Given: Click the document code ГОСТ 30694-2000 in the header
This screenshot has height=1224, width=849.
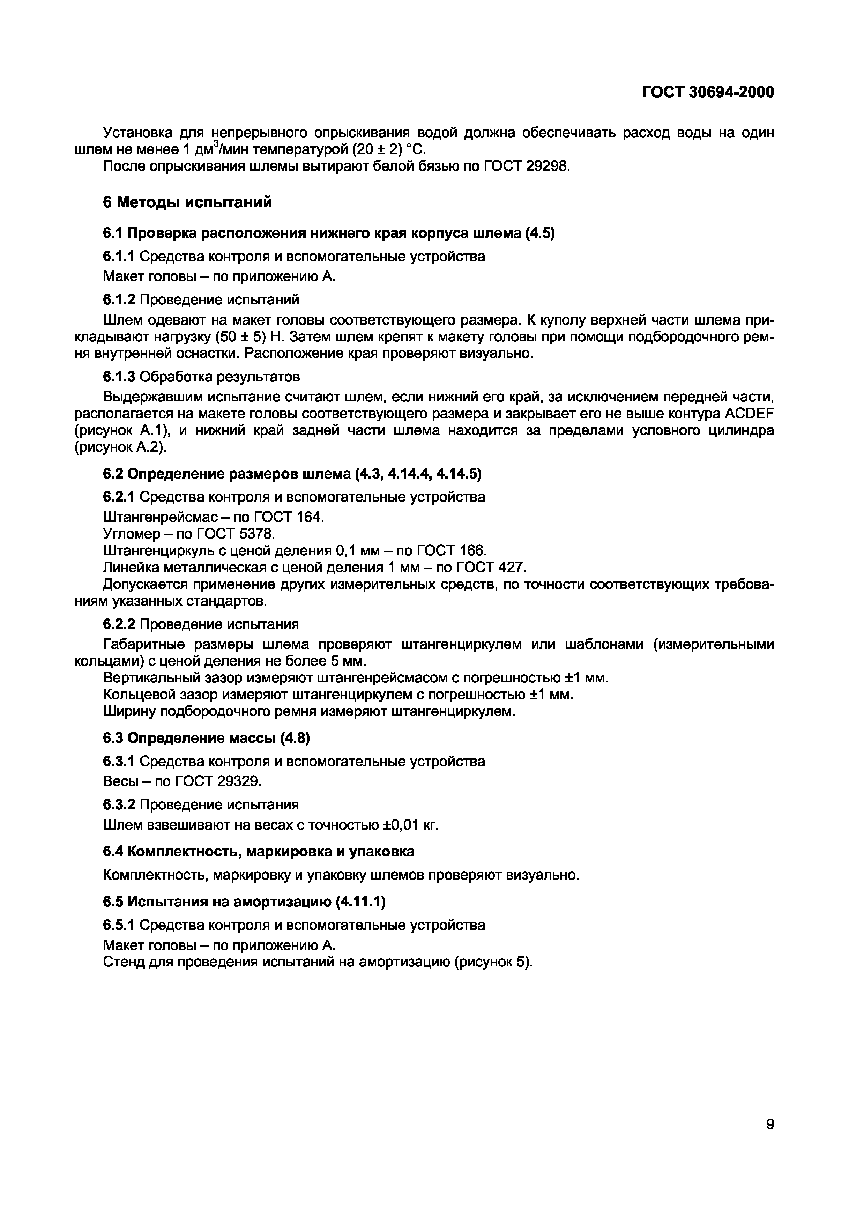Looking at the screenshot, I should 708,92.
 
